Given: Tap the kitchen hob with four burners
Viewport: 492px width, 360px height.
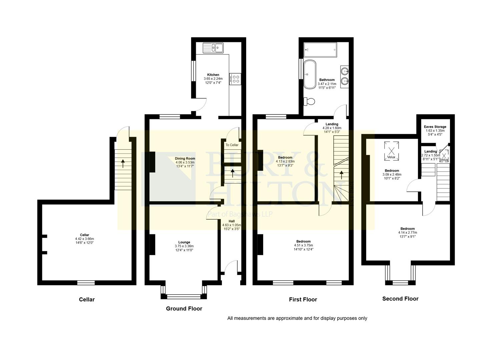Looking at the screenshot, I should (x=235, y=79).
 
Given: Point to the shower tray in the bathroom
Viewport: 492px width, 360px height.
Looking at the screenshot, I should (x=320, y=50).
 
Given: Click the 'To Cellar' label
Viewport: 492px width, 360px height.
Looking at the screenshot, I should (x=232, y=145).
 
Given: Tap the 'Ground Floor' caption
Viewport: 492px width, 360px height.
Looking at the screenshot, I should (x=184, y=309).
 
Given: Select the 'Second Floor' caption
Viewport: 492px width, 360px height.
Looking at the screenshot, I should (x=400, y=299).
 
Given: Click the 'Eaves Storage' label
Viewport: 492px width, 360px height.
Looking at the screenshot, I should (x=435, y=127).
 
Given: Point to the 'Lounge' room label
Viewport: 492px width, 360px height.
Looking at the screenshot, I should (x=184, y=242).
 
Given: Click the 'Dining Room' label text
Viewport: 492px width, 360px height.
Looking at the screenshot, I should (x=185, y=158).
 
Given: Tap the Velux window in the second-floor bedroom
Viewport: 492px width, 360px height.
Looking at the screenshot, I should (x=391, y=150).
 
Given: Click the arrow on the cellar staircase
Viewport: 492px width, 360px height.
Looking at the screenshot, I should (x=123, y=163).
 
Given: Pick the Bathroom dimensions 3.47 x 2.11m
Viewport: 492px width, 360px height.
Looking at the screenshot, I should (x=327, y=84).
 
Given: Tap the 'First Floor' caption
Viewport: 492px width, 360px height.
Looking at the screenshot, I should (x=303, y=299).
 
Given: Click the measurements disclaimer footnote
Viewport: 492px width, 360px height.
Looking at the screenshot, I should (x=297, y=318).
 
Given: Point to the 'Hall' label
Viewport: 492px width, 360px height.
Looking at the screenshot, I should (x=231, y=221).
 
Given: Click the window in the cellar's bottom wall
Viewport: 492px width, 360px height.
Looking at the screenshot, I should (x=86, y=283).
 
